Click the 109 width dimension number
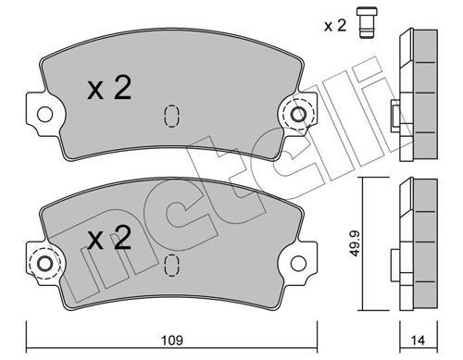(x=172, y=341)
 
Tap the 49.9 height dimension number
(x=356, y=243)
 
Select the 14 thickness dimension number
(x=418, y=341)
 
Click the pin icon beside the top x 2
(x=367, y=22)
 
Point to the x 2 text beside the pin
(x=335, y=26)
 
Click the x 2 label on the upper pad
(x=109, y=88)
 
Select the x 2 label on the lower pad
(x=109, y=237)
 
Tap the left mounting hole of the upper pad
(x=44, y=115)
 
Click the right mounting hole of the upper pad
(x=298, y=115)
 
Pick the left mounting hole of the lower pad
(x=44, y=264)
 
